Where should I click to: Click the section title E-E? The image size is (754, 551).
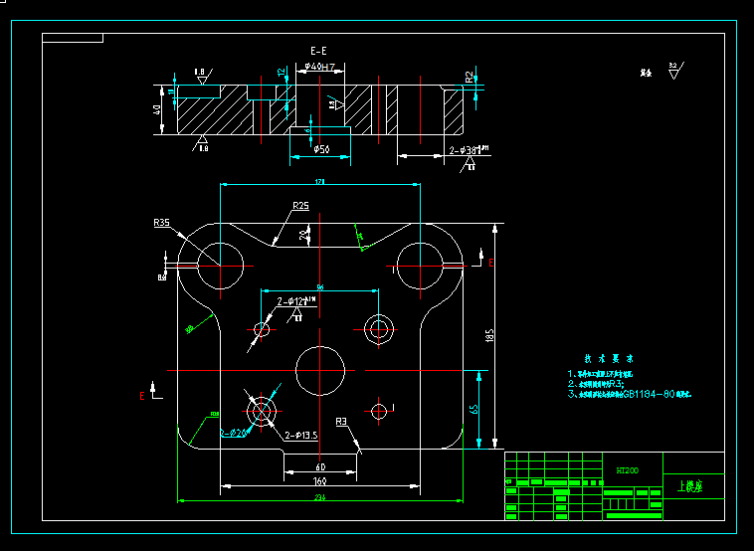[318, 50]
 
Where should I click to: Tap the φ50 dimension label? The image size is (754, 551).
[321, 149]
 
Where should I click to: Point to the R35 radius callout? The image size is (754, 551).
[161, 223]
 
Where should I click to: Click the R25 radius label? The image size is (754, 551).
[300, 206]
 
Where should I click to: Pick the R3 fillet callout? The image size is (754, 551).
[341, 423]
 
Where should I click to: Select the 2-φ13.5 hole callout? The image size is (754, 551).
[300, 436]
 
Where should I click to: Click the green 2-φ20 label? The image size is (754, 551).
[235, 433]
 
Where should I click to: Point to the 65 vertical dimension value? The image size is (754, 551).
[474, 408]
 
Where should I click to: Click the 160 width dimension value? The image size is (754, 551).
[319, 480]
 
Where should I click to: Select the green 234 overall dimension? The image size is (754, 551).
[319, 496]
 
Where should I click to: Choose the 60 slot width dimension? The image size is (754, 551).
[320, 465]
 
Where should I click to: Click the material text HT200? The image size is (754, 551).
[627, 468]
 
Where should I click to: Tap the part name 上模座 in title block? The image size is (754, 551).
[689, 487]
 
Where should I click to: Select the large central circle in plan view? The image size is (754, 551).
[320, 369]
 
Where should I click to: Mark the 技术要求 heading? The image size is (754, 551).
[609, 358]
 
